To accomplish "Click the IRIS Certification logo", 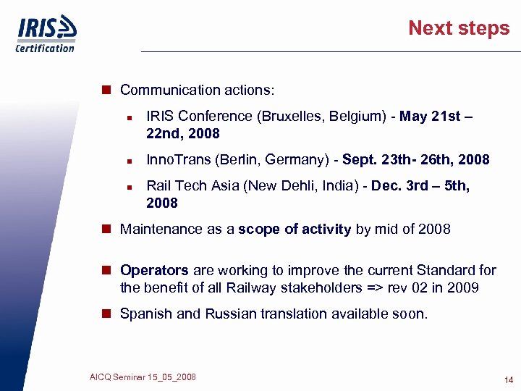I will pos(46,34).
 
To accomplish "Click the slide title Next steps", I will pos(459,28).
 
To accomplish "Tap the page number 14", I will pos(509,380).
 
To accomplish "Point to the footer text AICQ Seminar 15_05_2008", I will pos(143,377).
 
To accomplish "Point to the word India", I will pos(343,186).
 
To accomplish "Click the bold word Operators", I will pos(154,271).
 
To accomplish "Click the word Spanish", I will pos(143,314).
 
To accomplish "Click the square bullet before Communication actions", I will pos(106,90).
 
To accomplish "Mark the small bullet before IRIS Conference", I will pos(127,117).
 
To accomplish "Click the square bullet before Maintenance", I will pos(106,230).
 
